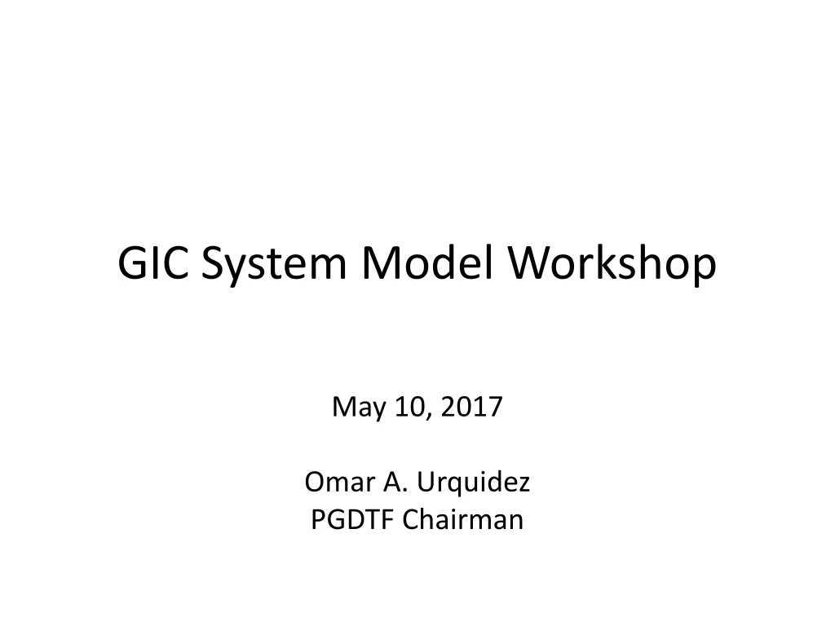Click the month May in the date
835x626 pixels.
tap(357, 407)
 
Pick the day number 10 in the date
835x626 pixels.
tap(409, 405)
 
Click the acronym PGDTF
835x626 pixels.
tap(349, 519)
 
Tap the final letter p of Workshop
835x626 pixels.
tap(704, 271)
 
